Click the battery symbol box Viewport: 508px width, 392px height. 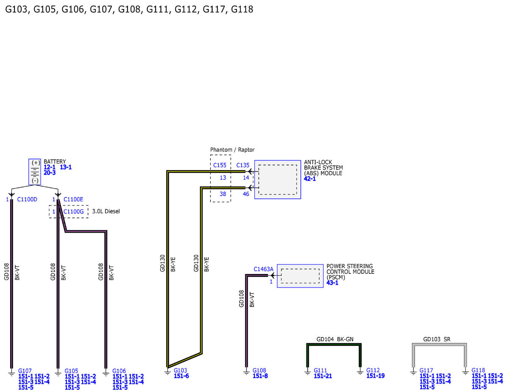[35, 172]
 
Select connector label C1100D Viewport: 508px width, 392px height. [27, 200]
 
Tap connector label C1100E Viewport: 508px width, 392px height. [73, 200]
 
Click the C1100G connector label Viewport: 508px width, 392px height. [73, 211]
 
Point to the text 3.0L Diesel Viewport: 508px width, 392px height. [106, 211]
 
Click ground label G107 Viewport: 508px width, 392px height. [25, 371]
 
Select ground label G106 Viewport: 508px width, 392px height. [119, 371]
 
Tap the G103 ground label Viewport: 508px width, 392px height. [180, 370]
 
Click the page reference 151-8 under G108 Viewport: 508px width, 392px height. [260, 376]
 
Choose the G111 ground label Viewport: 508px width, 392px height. [320, 370]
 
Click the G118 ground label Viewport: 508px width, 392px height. [478, 370]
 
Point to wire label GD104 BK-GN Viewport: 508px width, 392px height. [335, 339]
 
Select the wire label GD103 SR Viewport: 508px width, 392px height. [437, 339]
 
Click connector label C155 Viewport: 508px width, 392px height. [220, 165]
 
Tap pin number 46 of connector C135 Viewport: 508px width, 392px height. [246, 194]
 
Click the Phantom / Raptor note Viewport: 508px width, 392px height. [232, 150]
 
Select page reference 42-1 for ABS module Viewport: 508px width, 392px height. [310, 179]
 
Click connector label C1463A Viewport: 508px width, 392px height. [263, 269]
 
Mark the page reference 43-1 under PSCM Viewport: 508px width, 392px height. [332, 283]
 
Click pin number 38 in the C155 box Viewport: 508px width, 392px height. [223, 194]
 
